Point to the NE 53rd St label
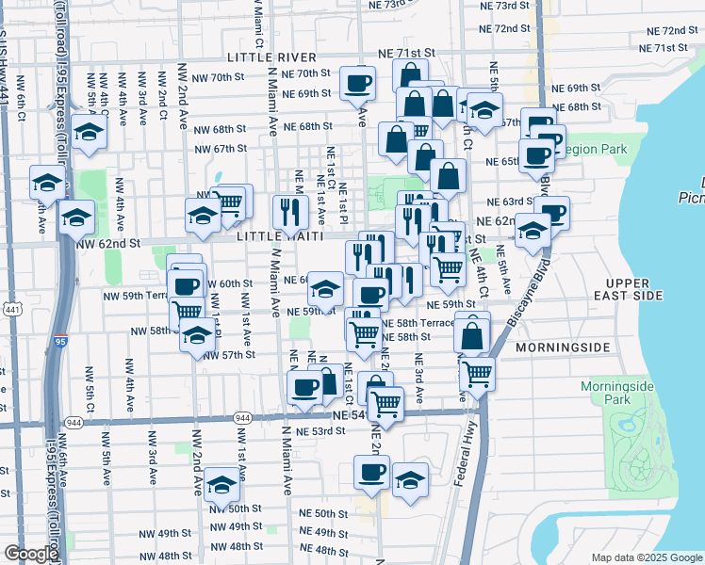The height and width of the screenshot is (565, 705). pos(315,431)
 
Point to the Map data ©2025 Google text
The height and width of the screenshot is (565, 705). pos(647,557)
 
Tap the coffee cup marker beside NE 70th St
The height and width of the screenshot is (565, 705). pos(357,84)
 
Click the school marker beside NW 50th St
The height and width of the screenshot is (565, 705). pos(221,486)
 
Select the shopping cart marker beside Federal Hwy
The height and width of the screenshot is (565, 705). pos(478,373)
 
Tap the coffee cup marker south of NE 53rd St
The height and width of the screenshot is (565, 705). pos(371,473)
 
